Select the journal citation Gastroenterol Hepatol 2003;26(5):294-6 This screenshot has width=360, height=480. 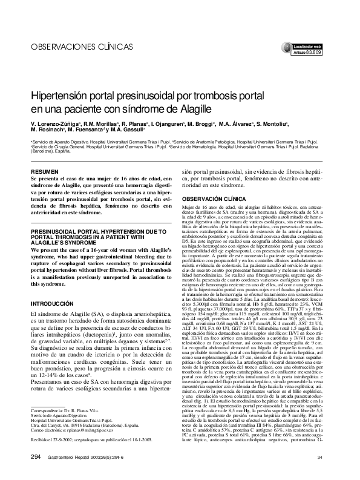(95, 456)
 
